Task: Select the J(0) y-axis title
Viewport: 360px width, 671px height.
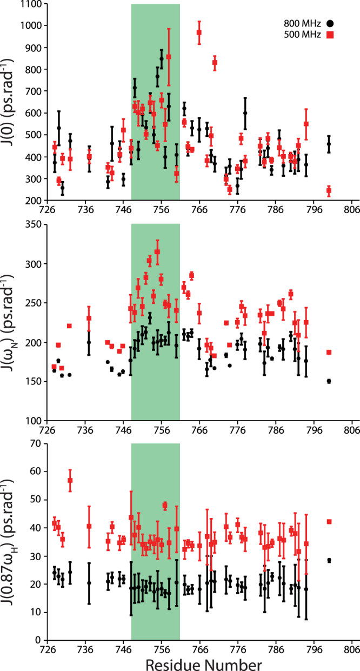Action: [11, 103]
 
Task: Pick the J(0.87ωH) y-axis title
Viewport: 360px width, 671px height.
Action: [11, 541]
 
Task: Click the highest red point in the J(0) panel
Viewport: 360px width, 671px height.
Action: [199, 32]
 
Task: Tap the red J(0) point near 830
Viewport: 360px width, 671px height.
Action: [215, 63]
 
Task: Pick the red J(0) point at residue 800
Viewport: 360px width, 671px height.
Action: [329, 190]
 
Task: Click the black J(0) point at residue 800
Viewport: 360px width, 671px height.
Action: [329, 144]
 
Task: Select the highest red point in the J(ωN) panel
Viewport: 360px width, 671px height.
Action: [157, 251]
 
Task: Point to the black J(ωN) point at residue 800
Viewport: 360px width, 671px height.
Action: [329, 381]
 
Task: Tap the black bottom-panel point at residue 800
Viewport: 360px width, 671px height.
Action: [329, 560]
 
